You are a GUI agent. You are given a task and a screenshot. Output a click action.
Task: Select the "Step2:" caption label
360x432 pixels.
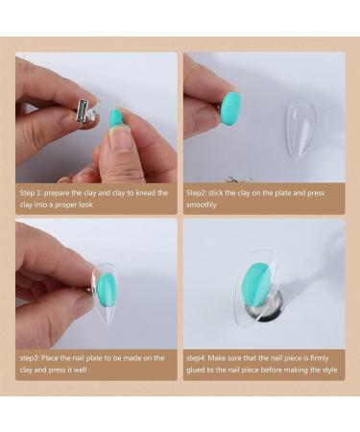tap(202, 193)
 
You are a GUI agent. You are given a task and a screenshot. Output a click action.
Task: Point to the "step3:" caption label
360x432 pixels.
tap(32, 357)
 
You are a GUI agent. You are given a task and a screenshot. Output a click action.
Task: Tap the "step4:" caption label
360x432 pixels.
tap(202, 357)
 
